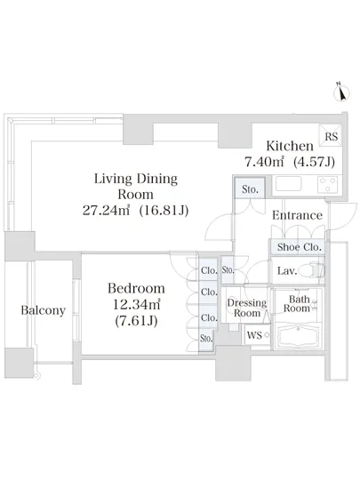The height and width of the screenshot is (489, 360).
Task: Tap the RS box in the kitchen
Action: click(331, 136)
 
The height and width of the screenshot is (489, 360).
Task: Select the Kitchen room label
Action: click(290, 146)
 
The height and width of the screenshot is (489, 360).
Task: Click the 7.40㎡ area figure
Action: click(264, 162)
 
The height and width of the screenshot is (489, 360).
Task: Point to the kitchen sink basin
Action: click(289, 184)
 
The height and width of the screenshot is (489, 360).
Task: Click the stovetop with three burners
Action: click(328, 184)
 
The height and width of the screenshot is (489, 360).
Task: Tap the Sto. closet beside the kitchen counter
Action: click(250, 188)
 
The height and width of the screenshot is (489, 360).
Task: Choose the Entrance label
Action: click(297, 215)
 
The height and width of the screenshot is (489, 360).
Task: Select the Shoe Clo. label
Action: click(300, 247)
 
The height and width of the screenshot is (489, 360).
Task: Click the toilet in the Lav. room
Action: click(317, 270)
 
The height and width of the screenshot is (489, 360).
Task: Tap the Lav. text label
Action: click(287, 270)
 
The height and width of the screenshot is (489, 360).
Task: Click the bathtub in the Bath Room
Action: click(299, 336)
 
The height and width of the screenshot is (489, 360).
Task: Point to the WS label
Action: click(254, 335)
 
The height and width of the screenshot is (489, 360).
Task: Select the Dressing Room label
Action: click(247, 308)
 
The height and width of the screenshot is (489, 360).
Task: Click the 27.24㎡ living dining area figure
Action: click(106, 211)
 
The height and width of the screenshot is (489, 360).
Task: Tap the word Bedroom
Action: click(136, 288)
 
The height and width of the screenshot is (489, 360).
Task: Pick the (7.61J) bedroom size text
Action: click(136, 321)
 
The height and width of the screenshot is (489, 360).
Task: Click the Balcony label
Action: click(44, 310)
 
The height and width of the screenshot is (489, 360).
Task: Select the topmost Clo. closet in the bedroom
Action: click(209, 270)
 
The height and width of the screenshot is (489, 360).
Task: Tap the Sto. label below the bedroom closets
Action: click(206, 339)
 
